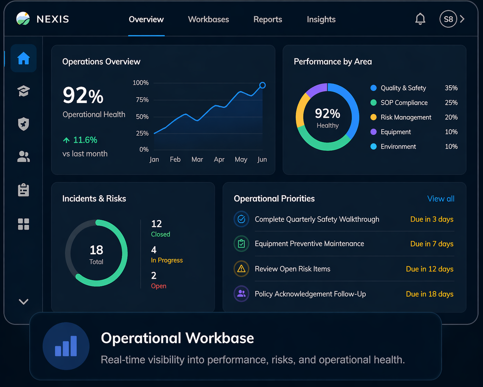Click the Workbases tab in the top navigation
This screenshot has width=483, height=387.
point(208,20)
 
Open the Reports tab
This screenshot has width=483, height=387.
point(268,20)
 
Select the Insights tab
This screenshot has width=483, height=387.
point(321,20)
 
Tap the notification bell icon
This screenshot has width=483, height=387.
point(420,19)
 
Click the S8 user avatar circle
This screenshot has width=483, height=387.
point(448,19)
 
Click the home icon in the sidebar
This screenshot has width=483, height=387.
point(23,58)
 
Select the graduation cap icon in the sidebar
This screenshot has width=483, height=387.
point(23,91)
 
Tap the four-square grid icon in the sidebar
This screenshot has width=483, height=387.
point(23,224)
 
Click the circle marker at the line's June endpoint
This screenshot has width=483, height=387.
point(262,85)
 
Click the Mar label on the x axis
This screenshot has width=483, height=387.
point(197,160)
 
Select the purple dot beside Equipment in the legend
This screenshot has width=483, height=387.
point(373,132)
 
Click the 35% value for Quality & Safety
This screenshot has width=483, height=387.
point(451,88)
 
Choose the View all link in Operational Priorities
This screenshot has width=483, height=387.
point(441,199)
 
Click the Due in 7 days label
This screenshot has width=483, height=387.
point(432,244)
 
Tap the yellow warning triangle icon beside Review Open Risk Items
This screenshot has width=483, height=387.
point(241,269)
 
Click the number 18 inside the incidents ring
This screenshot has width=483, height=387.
point(96,250)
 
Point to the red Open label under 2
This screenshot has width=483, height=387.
point(159,286)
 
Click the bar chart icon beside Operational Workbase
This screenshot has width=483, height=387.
point(66,346)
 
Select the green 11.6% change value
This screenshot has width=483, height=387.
point(85,140)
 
